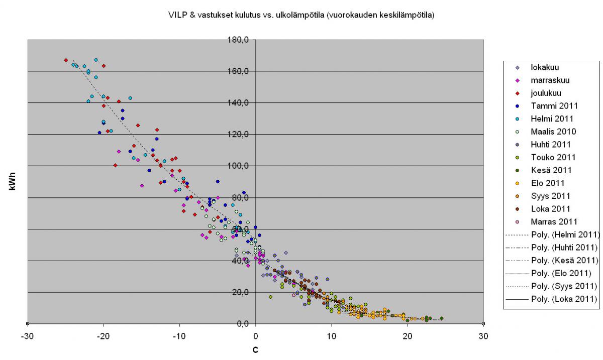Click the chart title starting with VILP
click(301, 15)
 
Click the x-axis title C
click(255, 349)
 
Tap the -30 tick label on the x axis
click(28, 336)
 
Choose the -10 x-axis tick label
click(180, 336)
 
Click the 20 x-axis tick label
click(408, 336)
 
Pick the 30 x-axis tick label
click(483, 336)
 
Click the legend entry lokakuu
click(545, 67)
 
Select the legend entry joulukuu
click(546, 93)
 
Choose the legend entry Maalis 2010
click(553, 132)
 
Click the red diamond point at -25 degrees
click(66, 60)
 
